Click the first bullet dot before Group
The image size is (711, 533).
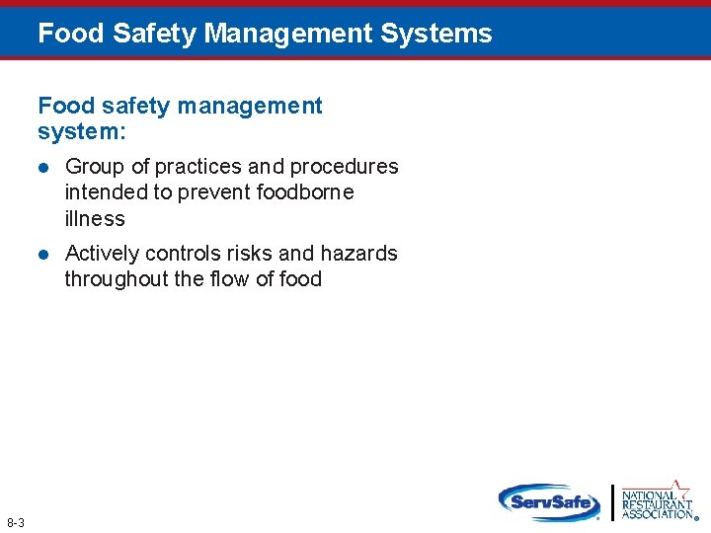42,167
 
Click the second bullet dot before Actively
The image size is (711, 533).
42,254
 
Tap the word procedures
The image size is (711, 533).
344,167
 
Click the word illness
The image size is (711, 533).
95,218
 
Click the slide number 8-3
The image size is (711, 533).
16,521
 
